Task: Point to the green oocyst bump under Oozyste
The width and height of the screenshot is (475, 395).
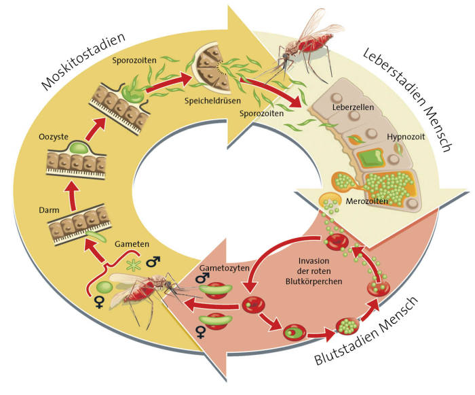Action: tap(76, 148)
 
